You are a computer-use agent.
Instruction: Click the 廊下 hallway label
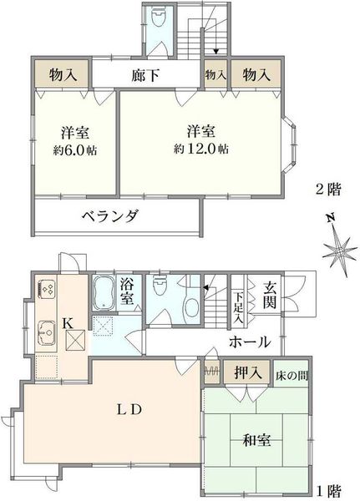pos(145,75)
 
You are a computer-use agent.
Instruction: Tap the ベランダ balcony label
pos(110,216)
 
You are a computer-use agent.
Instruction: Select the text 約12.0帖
pos(200,149)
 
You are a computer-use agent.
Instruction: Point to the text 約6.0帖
pos(75,149)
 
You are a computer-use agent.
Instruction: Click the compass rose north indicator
pos(339,250)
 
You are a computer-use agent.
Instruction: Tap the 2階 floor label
pos(328,190)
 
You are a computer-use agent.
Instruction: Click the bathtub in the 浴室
pos(104,292)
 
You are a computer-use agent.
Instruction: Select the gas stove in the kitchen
pos(48,289)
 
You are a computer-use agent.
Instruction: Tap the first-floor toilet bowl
pos(159,287)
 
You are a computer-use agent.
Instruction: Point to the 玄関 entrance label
pos(270,295)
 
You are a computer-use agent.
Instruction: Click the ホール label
pos(250,342)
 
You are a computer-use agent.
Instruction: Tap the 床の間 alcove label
pos(292,376)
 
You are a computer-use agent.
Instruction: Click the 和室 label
pos(256,440)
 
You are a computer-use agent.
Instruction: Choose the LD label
pos(129,409)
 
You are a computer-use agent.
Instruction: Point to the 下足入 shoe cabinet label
pos(238,306)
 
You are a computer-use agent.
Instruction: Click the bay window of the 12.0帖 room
pos(290,145)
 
